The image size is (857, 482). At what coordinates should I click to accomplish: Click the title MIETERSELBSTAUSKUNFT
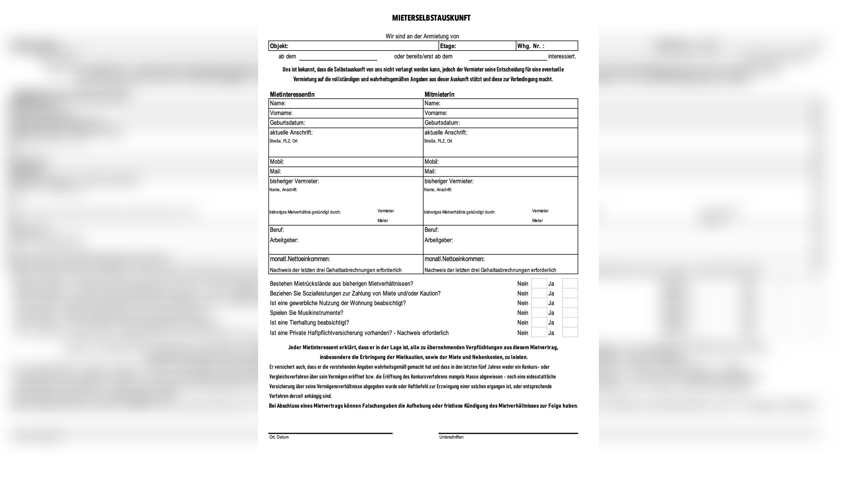pos(431,18)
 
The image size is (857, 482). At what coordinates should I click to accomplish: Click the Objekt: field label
pos(279,46)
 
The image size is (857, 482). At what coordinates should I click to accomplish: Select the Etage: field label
pos(448,46)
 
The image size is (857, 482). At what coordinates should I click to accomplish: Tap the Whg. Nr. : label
pos(531,46)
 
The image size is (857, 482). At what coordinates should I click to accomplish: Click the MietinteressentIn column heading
pos(292,94)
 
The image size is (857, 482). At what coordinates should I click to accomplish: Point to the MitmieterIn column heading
pos(439,94)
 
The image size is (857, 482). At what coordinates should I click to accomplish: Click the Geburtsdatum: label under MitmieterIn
pos(442,123)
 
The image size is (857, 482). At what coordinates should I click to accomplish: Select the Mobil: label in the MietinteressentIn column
pos(277,162)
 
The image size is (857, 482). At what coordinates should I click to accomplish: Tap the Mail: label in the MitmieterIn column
pos(430,171)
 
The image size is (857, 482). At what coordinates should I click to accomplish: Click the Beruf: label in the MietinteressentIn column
pos(277,230)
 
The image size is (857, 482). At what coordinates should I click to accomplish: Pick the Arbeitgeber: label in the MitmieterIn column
pos(439,240)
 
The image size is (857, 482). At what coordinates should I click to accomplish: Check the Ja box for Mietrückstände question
pos(570,284)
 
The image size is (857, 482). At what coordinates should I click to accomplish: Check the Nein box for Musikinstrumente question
pos(539,313)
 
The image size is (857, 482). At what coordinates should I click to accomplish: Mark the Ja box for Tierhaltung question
pos(570,322)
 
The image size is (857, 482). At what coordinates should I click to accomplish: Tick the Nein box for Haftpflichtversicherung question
pos(539,332)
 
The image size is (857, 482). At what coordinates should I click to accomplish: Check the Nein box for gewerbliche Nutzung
pos(539,303)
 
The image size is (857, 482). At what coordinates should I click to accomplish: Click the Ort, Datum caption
pos(279,437)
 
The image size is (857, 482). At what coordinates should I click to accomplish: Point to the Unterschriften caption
pos(451,437)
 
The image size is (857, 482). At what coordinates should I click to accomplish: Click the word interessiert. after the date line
pos(562,57)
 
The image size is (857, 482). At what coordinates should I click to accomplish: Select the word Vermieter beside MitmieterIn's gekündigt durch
pos(540,211)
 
